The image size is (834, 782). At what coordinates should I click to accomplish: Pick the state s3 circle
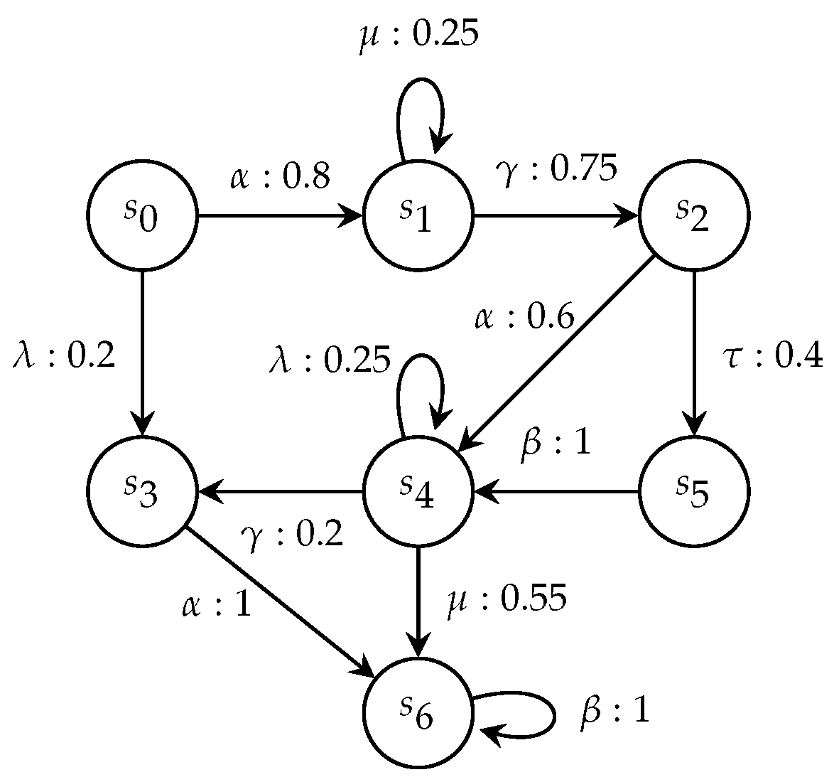click(x=142, y=491)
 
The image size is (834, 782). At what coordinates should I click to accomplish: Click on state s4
click(x=418, y=491)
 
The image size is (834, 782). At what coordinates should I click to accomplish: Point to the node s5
click(x=694, y=491)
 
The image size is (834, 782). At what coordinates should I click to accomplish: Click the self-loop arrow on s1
click(x=419, y=107)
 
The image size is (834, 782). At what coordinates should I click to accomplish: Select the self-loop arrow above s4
click(x=419, y=384)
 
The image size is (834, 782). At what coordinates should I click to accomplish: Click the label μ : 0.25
click(x=417, y=35)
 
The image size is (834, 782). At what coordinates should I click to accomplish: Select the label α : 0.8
click(x=280, y=177)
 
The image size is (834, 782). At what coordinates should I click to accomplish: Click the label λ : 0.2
click(x=64, y=355)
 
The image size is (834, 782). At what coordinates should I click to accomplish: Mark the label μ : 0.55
click(x=507, y=599)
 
